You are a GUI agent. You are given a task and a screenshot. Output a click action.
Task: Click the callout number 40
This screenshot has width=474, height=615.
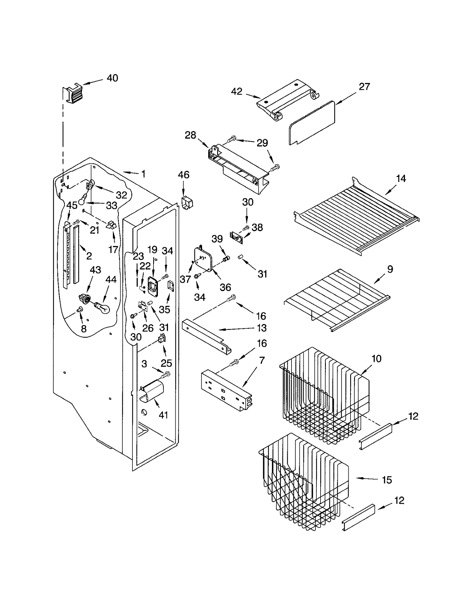112,78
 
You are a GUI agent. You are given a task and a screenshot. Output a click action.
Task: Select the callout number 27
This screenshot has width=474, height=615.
364,87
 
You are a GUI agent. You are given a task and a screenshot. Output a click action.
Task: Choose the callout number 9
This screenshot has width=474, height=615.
390,269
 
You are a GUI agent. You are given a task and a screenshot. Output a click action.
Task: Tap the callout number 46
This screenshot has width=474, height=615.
183,175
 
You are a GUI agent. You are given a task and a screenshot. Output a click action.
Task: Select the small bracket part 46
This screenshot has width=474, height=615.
187,203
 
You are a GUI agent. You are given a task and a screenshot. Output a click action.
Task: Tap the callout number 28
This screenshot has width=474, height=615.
190,135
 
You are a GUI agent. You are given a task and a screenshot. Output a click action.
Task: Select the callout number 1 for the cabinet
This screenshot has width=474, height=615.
143,174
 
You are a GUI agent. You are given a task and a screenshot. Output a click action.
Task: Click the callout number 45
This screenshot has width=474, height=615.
72,205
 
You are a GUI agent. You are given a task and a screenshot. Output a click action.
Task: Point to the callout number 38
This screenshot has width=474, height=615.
257,227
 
